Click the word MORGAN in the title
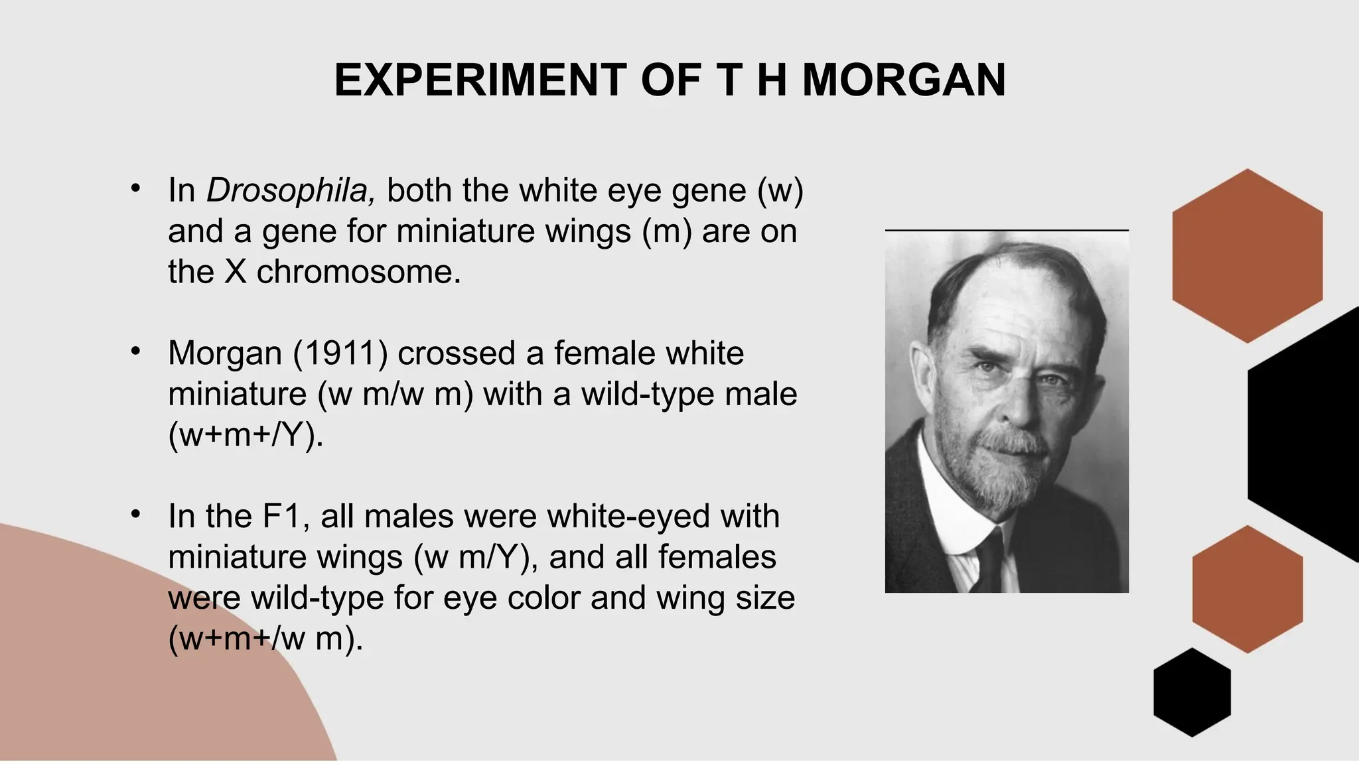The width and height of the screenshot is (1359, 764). click(904, 80)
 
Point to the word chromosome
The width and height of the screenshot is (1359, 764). click(358, 272)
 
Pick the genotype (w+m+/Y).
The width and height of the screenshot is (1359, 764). click(246, 435)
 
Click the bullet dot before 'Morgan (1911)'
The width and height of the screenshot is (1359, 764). click(136, 351)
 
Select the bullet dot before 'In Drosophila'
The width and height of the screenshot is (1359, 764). click(136, 188)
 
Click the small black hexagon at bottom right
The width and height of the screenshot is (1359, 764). click(1192, 692)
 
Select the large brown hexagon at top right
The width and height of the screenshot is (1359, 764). click(1247, 256)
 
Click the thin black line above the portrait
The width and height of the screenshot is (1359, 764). click(1007, 230)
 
